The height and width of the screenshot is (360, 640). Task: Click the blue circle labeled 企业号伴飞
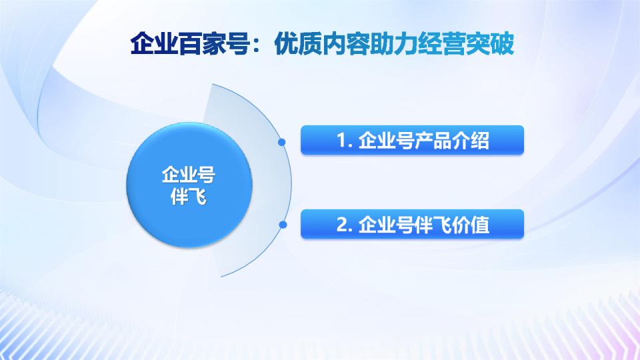tap(189, 185)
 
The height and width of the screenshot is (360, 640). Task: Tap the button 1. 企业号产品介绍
tap(412, 140)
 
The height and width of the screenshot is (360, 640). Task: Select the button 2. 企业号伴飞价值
tap(412, 224)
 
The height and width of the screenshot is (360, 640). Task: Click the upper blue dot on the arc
tap(281, 142)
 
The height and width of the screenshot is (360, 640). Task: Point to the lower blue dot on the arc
tap(283, 225)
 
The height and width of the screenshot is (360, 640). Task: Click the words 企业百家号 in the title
tap(190, 44)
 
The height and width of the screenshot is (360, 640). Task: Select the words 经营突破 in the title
tap(466, 44)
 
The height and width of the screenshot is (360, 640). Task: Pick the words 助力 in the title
tap(393, 44)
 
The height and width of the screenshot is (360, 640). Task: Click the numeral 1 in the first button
tap(342, 141)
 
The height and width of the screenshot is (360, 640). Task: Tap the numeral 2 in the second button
tap(342, 225)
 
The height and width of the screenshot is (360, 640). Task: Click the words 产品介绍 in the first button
tap(452, 141)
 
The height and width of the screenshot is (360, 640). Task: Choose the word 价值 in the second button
tap(471, 225)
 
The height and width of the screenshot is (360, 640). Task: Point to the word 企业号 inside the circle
tap(189, 175)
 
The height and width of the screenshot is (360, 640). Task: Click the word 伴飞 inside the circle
tap(189, 197)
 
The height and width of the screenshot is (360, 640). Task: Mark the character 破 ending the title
tap(502, 44)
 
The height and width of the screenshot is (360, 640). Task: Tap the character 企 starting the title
tap(142, 44)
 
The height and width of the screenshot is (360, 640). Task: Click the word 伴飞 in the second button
tap(433, 225)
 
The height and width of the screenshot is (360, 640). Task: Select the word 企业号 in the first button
tap(386, 141)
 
